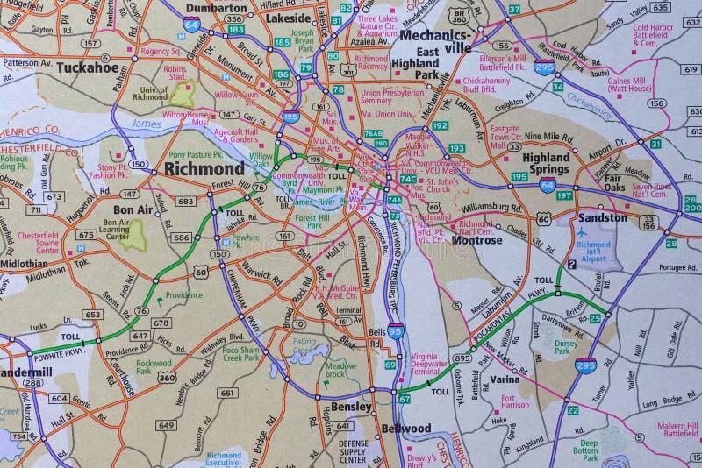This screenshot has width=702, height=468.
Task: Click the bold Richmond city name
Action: pyautogui.click(x=204, y=167)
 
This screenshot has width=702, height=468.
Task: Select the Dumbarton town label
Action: pyautogui.click(x=216, y=7)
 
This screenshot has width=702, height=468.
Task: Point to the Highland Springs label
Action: pyautogui.click(x=546, y=162)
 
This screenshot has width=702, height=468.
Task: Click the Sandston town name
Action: pyautogui.click(x=603, y=216)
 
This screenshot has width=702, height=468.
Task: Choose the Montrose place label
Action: pyautogui.click(x=476, y=239)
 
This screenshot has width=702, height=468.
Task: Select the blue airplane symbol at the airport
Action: pyautogui.click(x=581, y=230)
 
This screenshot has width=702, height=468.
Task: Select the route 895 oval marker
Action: pyautogui.click(x=464, y=358)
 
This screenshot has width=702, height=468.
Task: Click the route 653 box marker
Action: pyautogui.click(x=91, y=314)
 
